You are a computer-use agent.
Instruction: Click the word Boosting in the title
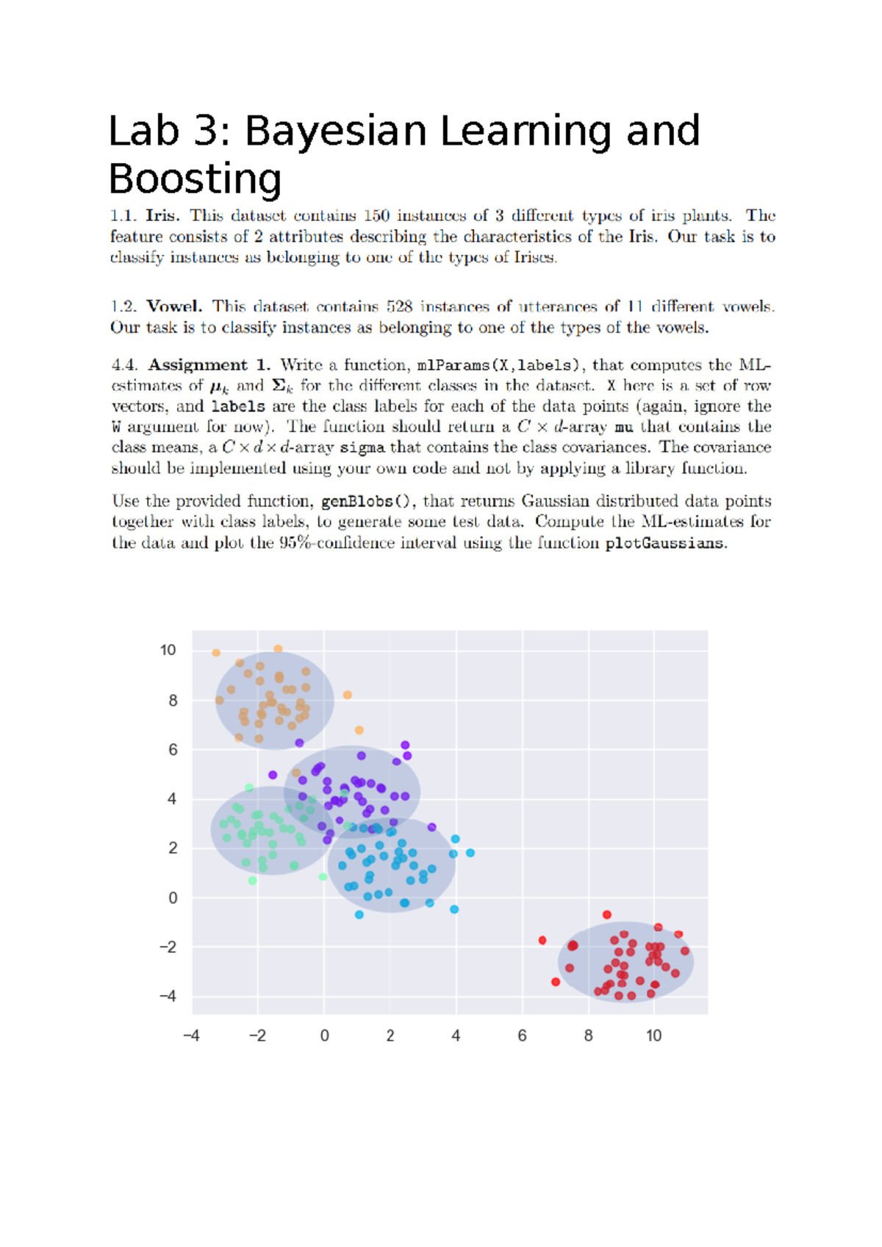click(x=195, y=179)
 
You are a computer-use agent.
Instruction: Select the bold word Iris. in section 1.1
click(x=162, y=216)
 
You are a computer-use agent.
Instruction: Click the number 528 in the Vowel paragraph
click(x=399, y=307)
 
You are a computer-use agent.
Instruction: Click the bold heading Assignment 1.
click(x=209, y=365)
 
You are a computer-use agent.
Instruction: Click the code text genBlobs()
click(x=365, y=502)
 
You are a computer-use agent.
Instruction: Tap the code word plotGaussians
click(x=664, y=543)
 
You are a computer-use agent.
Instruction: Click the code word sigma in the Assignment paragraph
click(x=362, y=448)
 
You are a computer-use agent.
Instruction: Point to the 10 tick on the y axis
click(x=168, y=650)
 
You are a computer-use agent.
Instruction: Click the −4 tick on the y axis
click(x=168, y=997)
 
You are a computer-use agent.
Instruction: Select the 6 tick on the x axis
click(x=522, y=1035)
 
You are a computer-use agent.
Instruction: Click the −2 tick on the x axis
click(x=257, y=1035)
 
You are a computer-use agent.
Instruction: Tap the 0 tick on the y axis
click(x=173, y=897)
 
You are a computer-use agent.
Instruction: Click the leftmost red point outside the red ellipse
click(x=542, y=940)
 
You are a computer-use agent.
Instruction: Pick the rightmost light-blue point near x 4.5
click(x=470, y=853)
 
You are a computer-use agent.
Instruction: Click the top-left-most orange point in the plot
click(x=216, y=653)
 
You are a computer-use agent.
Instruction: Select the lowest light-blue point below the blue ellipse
click(x=359, y=914)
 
